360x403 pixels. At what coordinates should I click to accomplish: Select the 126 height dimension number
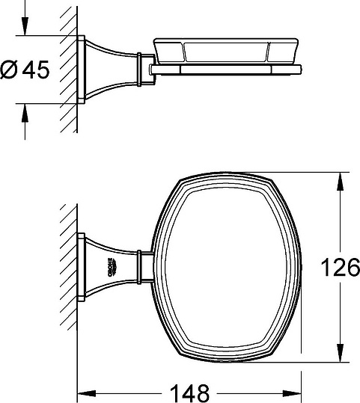340,266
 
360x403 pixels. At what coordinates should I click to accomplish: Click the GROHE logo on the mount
109,265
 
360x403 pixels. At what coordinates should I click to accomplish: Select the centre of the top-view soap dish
228,266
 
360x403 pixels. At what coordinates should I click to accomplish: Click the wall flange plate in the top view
82,265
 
